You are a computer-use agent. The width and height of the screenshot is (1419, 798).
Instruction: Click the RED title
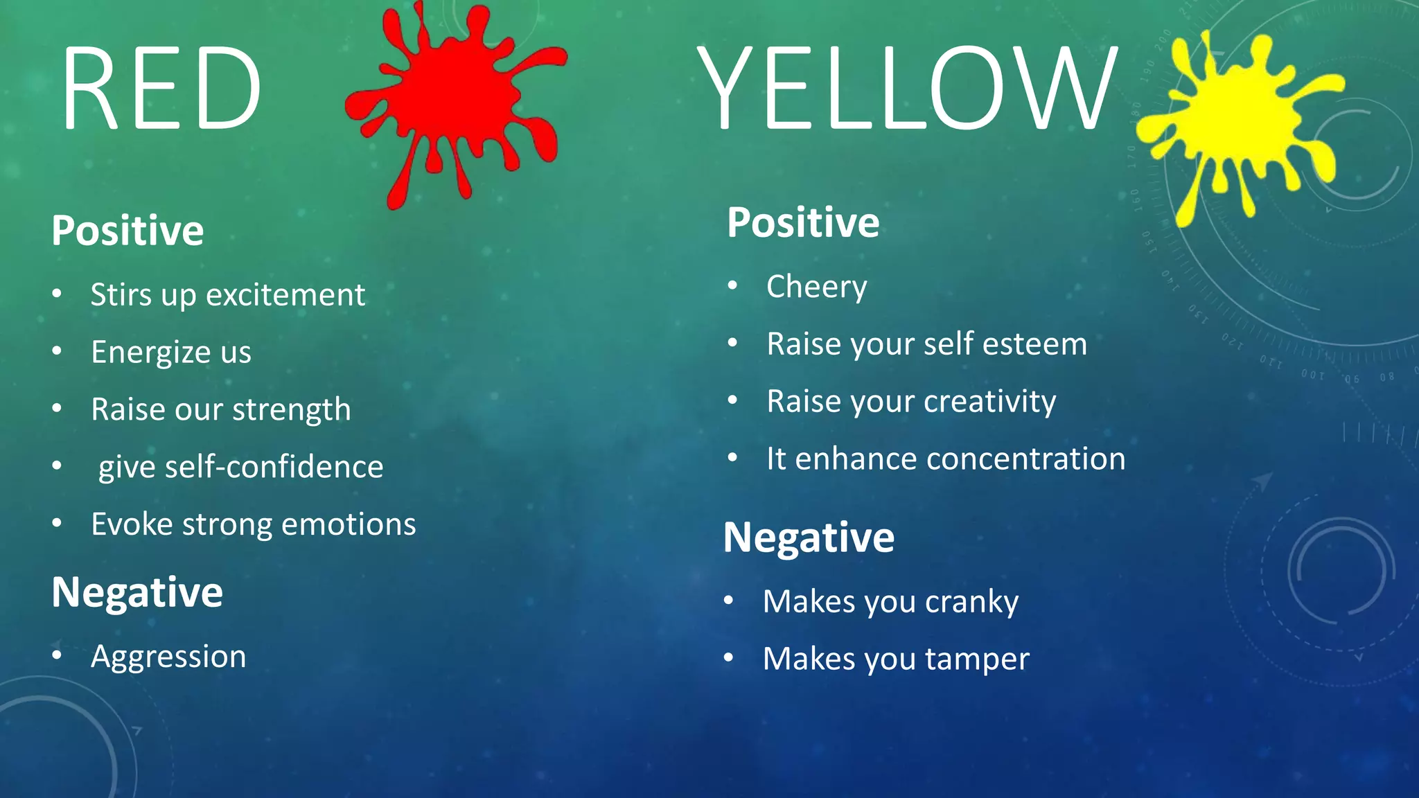point(161,89)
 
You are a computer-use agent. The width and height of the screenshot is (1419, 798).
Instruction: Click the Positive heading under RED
point(127,231)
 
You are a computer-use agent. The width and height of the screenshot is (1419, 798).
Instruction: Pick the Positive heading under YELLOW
point(803,222)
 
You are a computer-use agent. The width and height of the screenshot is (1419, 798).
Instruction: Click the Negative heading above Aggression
point(137,593)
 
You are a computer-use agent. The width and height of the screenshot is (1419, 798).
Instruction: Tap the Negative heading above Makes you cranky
point(809,538)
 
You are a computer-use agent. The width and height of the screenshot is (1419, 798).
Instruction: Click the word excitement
point(285,295)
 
